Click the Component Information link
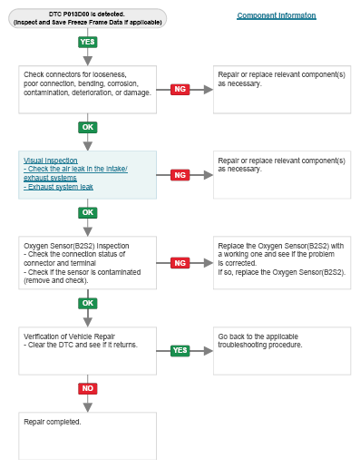click(277, 15)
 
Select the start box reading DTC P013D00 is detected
click(87, 18)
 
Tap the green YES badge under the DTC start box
click(88, 42)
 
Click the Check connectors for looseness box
click(88, 90)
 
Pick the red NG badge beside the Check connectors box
click(180, 89)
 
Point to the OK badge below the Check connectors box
click(88, 127)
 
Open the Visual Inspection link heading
click(51, 161)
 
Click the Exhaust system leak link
click(58, 187)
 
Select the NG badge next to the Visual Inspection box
click(180, 175)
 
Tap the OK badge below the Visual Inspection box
click(88, 212)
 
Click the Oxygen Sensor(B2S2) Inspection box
click(88, 263)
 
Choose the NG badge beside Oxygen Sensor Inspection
click(180, 263)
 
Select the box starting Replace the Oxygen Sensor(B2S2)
click(282, 263)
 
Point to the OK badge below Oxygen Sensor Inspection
click(88, 303)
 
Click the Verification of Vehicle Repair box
click(88, 351)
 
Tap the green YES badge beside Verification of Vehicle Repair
click(180, 350)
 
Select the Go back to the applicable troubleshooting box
click(282, 351)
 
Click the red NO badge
click(88, 388)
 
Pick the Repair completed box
click(88, 436)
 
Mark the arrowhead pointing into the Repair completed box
click(88, 407)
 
